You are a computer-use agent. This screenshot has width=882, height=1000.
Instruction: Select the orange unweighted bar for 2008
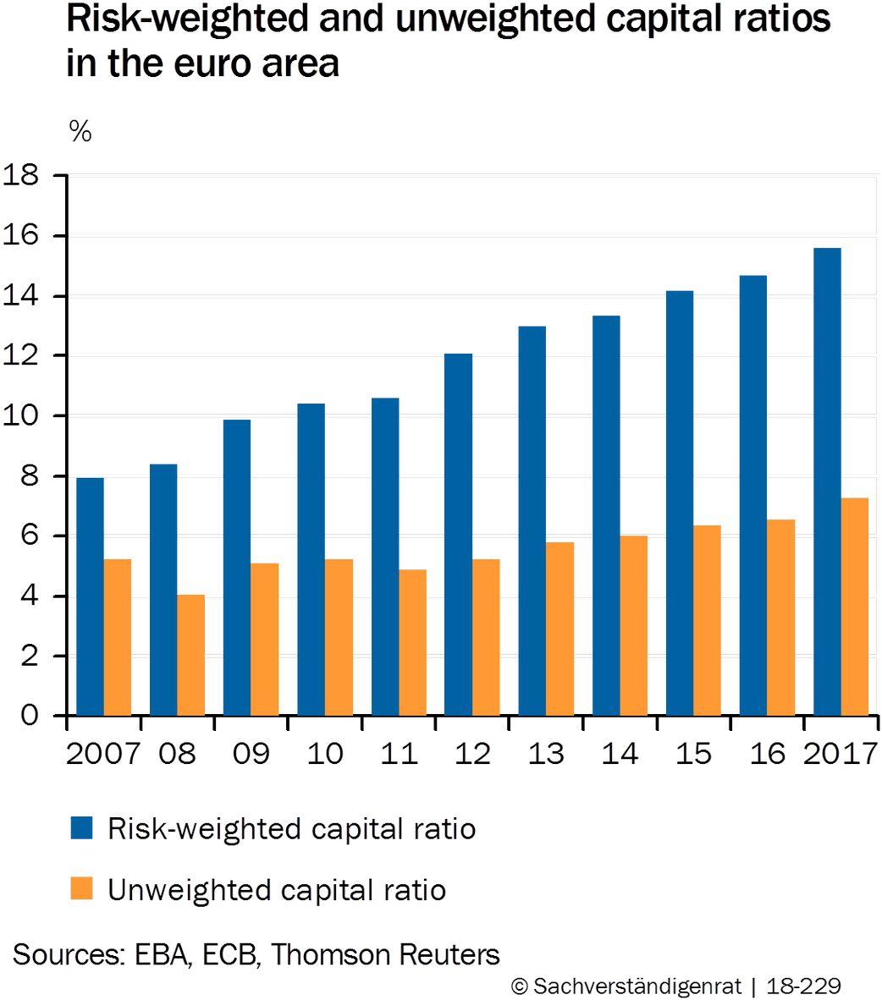coord(191,655)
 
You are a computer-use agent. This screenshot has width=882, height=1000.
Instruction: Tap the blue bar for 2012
coord(458,534)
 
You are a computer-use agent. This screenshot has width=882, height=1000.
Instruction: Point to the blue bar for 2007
coord(90,596)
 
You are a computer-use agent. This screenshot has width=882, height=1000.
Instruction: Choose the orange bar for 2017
coord(856,606)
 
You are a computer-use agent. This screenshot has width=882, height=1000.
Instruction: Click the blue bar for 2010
coord(311,558)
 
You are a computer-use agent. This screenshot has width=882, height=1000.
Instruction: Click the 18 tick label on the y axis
coord(23,177)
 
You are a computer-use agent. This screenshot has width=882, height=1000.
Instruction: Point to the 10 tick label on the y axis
coord(23,416)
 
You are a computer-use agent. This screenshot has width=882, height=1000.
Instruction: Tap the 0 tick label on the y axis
coord(30,716)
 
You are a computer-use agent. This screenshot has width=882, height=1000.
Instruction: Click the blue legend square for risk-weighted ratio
coord(81,828)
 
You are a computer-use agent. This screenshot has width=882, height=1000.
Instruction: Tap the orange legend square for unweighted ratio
coord(81,889)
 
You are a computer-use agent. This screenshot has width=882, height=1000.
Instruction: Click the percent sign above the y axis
coord(80,131)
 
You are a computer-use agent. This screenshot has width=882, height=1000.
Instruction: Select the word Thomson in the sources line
coord(333,955)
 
